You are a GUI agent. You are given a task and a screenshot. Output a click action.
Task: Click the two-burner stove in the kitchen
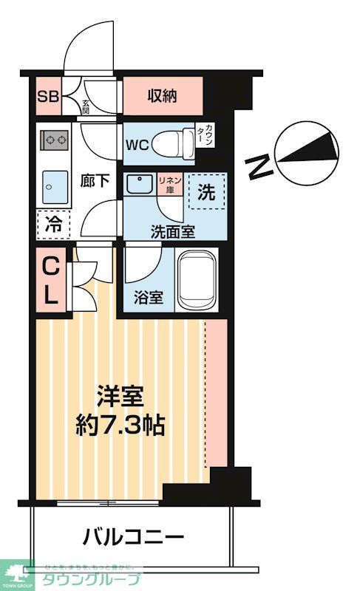pos(54,139)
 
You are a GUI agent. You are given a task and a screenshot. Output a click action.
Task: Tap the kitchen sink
pos(53,185)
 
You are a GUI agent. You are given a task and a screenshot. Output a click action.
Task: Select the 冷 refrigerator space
pos(52,224)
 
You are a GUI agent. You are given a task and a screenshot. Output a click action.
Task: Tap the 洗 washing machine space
pos(207,194)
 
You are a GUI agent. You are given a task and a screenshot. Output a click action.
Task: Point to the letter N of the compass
pos(257,167)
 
